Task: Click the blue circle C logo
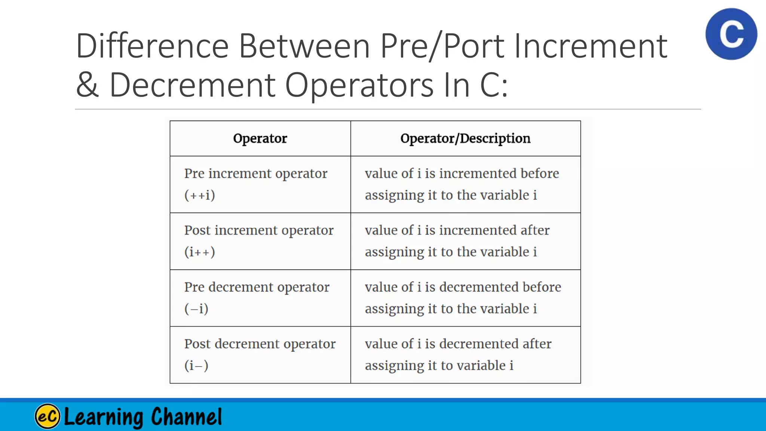[x=731, y=34]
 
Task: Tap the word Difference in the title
[x=152, y=46]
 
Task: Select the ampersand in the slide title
[x=87, y=85]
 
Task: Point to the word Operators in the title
[x=359, y=86]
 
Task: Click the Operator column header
[x=260, y=138]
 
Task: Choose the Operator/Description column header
[x=465, y=138]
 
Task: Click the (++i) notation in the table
[x=199, y=195]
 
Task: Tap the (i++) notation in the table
[x=199, y=252]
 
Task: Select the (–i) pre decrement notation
[x=196, y=309]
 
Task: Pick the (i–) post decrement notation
[x=196, y=366]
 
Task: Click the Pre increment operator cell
[x=256, y=174]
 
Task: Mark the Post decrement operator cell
[x=260, y=344]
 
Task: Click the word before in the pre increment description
[x=540, y=174]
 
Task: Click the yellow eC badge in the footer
[x=48, y=416]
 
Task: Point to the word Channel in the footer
[x=186, y=416]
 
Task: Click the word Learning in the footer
[x=104, y=417]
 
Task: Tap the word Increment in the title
[x=591, y=46]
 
